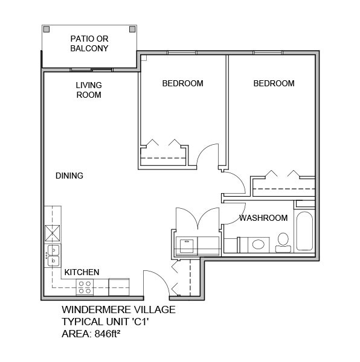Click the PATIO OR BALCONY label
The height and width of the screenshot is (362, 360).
click(89, 43)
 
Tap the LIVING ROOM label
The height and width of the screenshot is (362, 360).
click(89, 90)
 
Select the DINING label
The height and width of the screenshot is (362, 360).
click(69, 176)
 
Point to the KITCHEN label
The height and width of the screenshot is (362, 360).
click(82, 272)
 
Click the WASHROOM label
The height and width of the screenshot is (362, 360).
click(263, 218)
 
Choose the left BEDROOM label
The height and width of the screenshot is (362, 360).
click(182, 83)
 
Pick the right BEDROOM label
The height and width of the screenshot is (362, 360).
click(274, 83)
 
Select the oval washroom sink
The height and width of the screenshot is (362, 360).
click(259, 244)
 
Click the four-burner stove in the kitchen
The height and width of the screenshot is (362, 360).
click(84, 287)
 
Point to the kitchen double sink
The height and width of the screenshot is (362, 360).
click(53, 256)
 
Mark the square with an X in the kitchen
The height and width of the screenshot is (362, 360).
click(53, 232)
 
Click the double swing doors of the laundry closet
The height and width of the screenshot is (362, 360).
click(197, 218)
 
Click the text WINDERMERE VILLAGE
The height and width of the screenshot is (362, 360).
click(118, 310)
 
